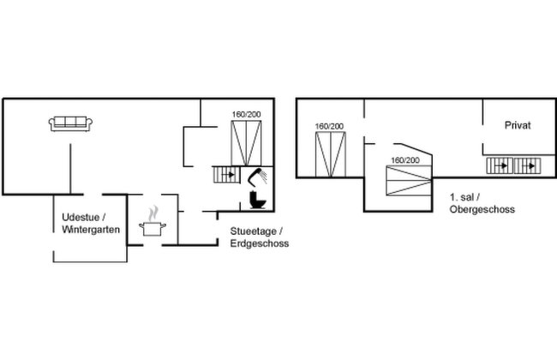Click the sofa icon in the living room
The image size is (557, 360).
tap(70, 124)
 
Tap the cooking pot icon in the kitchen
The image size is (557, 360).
tap(153, 229)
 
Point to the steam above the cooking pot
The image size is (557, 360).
tap(153, 213)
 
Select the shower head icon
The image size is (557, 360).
tap(257, 177)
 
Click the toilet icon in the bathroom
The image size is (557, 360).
tap(258, 200)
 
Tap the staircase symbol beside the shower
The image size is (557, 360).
tap(226, 175)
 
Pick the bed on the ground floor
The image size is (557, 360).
tap(246, 143)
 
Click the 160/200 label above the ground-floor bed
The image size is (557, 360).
tap(246, 115)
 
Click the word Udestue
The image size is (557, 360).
tap(80, 217)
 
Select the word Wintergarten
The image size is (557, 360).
tap(91, 230)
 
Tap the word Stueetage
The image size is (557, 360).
tap(254, 231)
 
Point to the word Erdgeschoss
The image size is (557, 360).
tap(260, 243)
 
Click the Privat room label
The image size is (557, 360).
tap(518, 125)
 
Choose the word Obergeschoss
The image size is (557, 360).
tap(482, 209)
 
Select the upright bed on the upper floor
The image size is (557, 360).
tap(331, 154)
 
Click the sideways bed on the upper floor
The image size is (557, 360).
tap(409, 181)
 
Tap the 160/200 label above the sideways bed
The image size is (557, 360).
tap(405, 160)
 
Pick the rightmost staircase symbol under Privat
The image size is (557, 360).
tap(528, 165)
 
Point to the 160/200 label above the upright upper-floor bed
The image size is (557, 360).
tap(329, 126)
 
